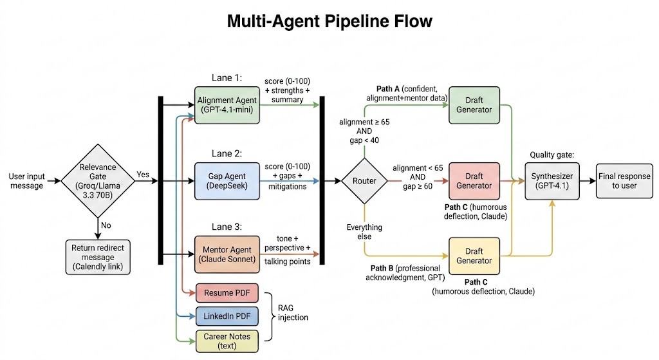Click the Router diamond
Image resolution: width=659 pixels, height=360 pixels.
pos(364,181)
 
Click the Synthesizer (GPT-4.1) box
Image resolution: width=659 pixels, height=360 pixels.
pos(552,180)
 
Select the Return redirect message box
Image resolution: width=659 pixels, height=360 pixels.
pos(97,256)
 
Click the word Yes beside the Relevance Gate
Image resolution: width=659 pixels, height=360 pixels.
pos(144,174)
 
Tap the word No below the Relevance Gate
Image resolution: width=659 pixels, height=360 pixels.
pos(107,225)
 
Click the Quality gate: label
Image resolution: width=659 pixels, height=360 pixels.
pos(552,155)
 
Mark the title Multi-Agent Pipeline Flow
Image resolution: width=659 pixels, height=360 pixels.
pos(329,21)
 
